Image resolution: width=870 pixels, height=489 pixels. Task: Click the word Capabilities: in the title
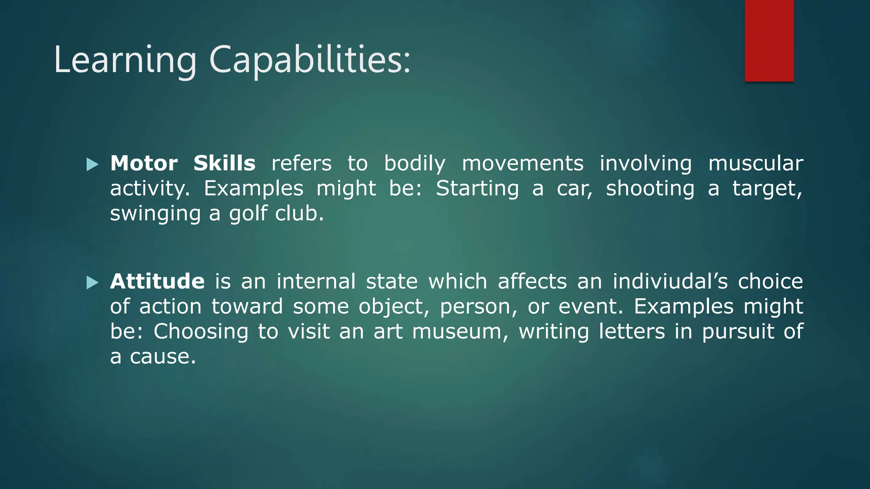pos(310,60)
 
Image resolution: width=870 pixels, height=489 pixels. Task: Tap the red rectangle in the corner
pos(769,40)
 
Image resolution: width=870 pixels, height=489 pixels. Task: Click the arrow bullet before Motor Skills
pos(92,164)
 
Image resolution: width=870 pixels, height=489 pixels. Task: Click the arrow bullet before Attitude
pos(92,282)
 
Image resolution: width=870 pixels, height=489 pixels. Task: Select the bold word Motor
pos(144,163)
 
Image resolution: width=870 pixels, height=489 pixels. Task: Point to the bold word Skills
pos(224,163)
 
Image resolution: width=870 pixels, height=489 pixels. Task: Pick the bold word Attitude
pos(157,281)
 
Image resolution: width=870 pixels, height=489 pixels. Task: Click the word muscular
pos(756,163)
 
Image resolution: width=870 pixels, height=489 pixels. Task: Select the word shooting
pos(650,188)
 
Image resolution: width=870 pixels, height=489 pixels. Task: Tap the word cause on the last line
pos(163,357)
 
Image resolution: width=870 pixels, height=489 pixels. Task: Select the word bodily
pos(415,163)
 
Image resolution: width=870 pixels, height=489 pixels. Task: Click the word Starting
pos(477,188)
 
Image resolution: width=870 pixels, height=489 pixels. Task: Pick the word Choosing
pos(201,332)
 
